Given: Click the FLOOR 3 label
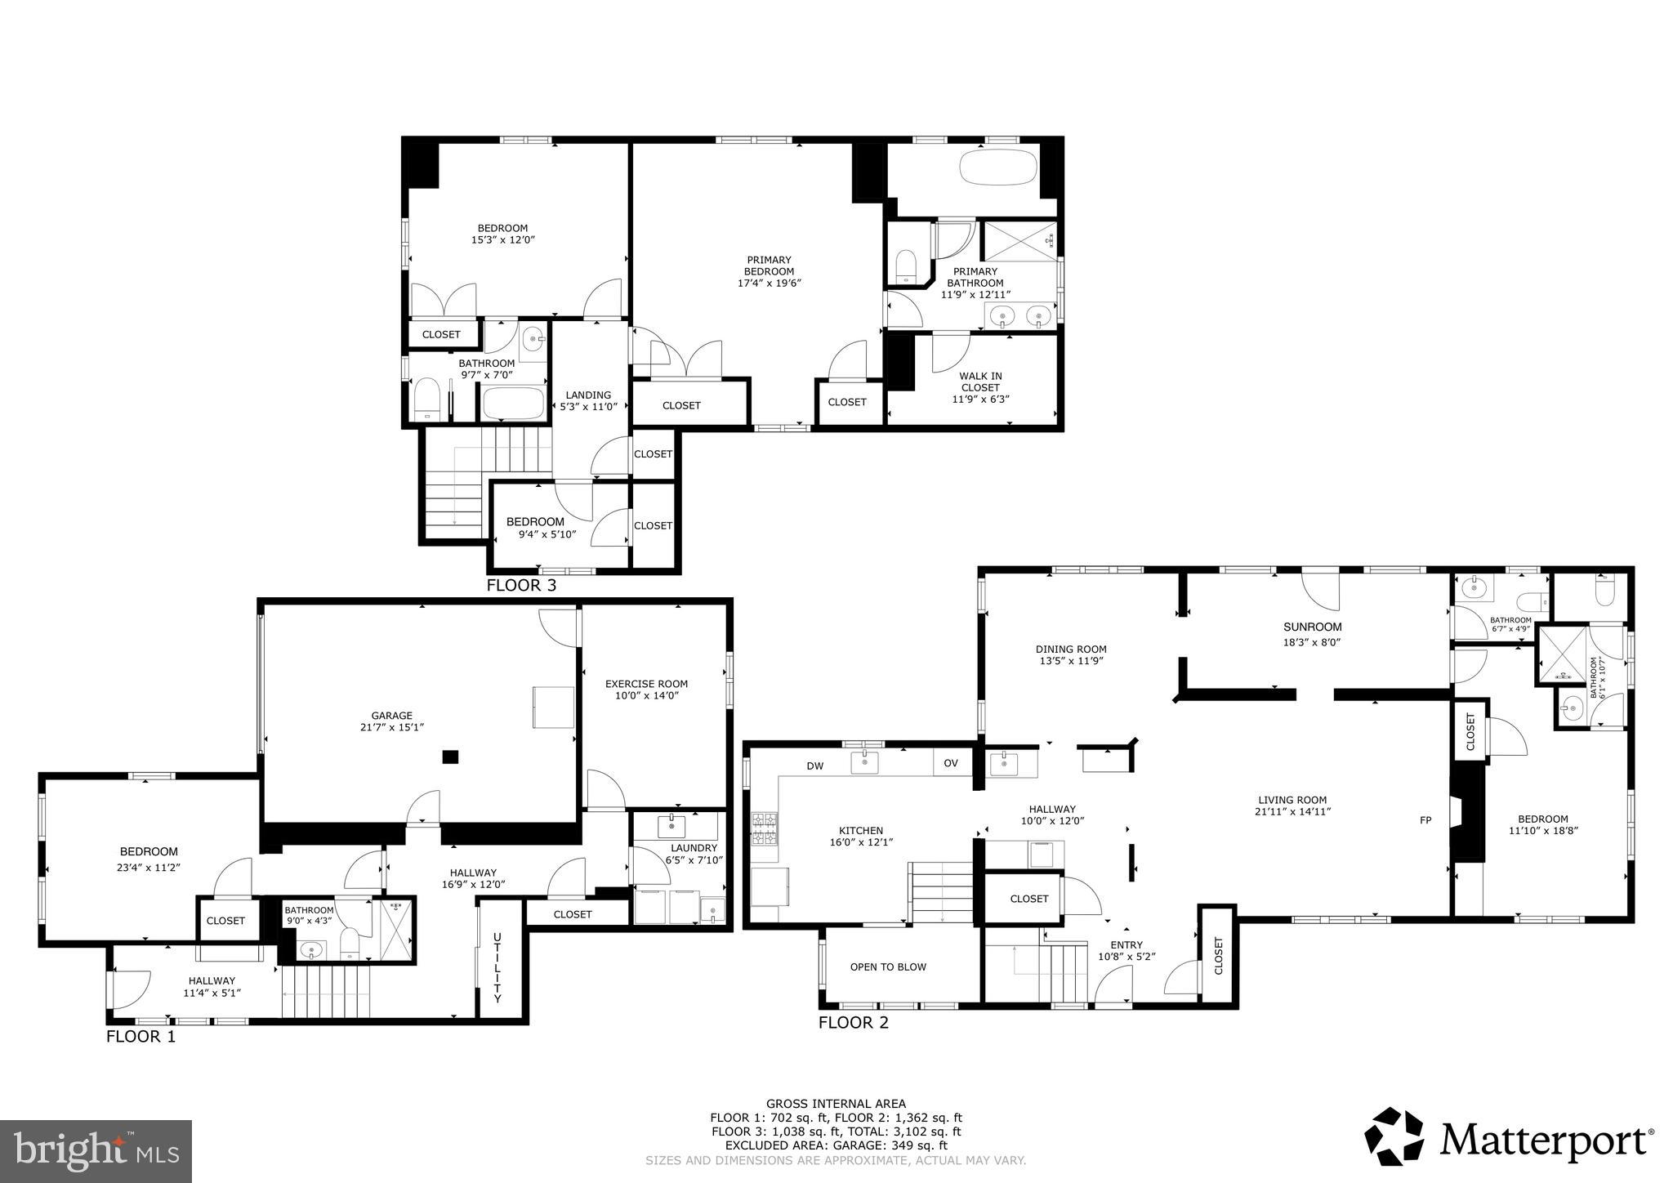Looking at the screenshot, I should point(521,585).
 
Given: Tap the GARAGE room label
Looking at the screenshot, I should point(391,716).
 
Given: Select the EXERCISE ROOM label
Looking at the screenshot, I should point(646,684).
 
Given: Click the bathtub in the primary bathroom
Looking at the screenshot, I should point(998,167).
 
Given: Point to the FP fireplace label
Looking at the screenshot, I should point(1425,820).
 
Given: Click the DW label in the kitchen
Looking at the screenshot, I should point(814,766).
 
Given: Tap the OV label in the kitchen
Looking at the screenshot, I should point(951,763).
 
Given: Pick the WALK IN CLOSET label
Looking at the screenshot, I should point(980,382).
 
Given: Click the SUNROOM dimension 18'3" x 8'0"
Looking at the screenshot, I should point(1312,642).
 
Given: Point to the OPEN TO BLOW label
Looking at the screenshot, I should point(888,966).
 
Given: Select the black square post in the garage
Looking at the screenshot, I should point(450,757).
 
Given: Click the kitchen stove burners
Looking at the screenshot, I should point(765,828).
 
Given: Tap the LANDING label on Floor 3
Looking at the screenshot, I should point(587,395).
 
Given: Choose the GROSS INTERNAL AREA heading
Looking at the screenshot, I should point(836,1104).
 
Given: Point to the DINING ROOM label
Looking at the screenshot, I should point(1071,650).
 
